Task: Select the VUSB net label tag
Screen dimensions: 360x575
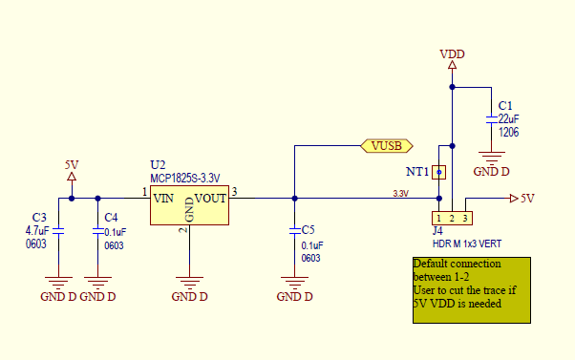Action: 387,145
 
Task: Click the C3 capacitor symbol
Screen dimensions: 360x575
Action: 58,230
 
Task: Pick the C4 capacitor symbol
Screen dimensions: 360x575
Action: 96,230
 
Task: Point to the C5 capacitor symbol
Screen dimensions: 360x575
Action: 294,230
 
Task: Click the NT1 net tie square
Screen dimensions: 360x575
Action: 438,172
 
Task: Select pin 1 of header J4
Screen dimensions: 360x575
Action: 438,219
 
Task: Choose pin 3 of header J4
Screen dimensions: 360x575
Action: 466,219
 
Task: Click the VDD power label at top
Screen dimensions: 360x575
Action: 452,53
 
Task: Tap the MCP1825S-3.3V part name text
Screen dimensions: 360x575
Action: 185,178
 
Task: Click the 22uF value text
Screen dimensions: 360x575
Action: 508,118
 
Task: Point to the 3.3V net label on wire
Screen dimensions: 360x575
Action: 400,194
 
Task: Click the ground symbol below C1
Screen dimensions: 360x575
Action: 491,158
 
